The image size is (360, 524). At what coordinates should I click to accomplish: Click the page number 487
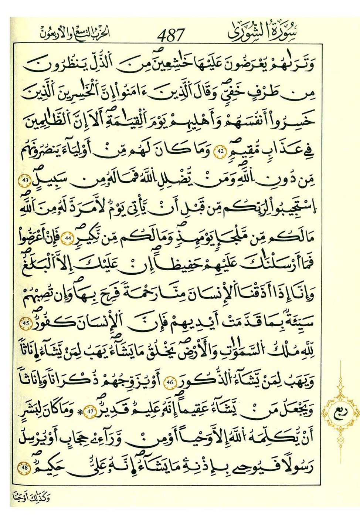coord(170,35)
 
